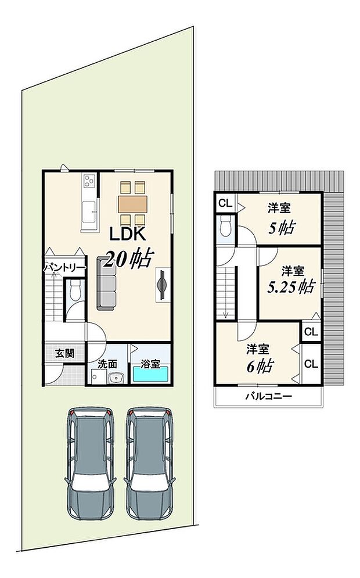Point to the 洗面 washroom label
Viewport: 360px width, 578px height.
107,364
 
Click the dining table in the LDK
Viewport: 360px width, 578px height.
133,203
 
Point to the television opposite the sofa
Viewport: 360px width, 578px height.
163,285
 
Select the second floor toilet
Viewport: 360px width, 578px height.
226,227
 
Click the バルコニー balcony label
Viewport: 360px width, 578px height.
268,397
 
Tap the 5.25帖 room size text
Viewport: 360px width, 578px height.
290,286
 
